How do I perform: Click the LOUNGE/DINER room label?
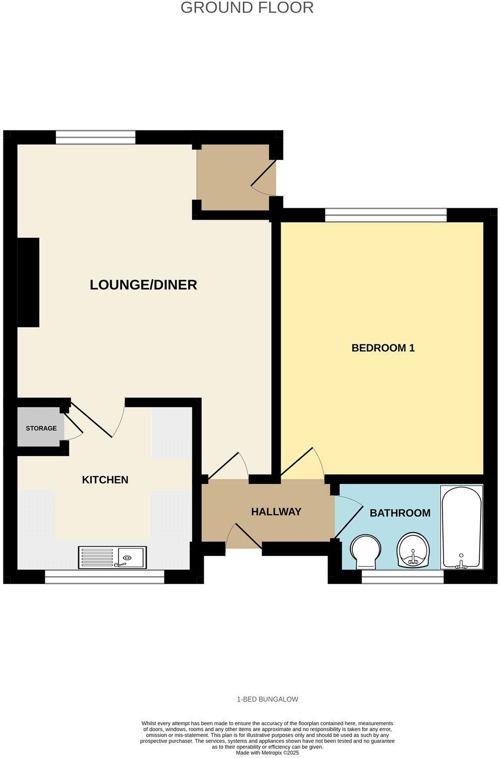tap(143, 285)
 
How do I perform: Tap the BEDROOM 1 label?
tap(383, 348)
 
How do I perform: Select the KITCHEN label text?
tap(105, 480)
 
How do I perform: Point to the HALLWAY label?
tap(276, 512)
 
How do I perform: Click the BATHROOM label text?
tap(400, 513)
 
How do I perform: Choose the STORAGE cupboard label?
tap(41, 428)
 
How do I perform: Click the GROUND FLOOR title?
tap(247, 8)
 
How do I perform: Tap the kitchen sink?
tap(112, 557)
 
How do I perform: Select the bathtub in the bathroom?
tap(462, 527)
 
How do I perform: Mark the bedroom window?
tap(386, 215)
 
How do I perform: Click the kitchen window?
tap(105, 577)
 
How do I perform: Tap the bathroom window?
tap(403, 577)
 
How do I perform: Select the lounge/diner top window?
tap(96, 137)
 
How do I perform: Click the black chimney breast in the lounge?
tap(28, 282)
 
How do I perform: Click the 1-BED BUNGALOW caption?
tap(268, 699)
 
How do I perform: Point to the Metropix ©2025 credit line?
tap(268, 752)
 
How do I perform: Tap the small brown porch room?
tap(233, 177)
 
